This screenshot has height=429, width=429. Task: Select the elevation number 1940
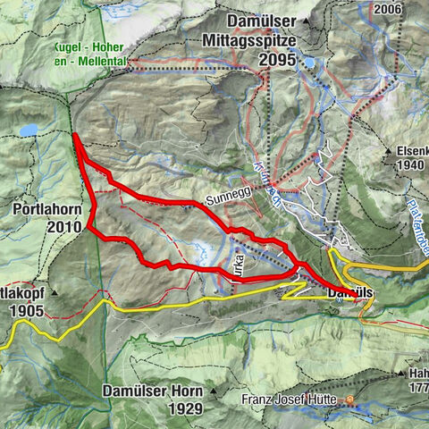pos(411,166)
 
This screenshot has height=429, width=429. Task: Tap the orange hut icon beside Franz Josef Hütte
pos(349,401)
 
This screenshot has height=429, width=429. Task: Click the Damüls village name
pos(349,292)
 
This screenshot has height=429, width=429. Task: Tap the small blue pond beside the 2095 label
pos(308,63)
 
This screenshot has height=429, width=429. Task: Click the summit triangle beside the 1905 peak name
pos(54,291)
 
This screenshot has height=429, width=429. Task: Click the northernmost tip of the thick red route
pos(74,135)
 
